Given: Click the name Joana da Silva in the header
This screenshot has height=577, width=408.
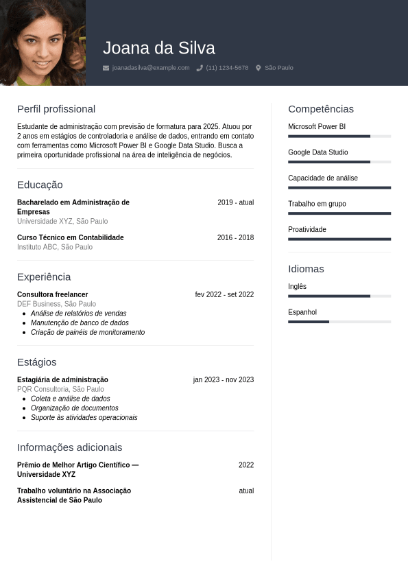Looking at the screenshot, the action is (x=159, y=48).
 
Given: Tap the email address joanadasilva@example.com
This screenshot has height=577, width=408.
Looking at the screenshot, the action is (x=150, y=68).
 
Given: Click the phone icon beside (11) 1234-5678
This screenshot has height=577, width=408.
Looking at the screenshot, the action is (x=200, y=68).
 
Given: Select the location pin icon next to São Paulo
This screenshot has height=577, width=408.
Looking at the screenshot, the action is (x=259, y=68).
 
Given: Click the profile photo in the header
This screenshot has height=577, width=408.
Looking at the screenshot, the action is (x=43, y=43).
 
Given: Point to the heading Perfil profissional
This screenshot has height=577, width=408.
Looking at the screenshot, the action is (x=56, y=109).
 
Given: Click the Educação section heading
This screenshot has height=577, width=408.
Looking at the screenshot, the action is (x=40, y=185).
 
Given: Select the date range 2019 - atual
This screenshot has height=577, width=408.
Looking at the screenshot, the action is (x=235, y=202).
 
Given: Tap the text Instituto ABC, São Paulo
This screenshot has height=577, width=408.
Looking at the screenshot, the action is (x=55, y=247).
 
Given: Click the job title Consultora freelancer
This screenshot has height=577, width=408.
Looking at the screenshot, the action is (x=52, y=294).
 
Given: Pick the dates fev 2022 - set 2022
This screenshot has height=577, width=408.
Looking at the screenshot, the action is (x=224, y=294).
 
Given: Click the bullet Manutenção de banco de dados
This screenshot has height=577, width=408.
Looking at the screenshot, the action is (x=80, y=322).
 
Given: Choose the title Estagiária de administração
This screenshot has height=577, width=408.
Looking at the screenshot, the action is (x=62, y=379).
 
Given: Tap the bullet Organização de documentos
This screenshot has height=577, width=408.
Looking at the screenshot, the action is (x=75, y=408).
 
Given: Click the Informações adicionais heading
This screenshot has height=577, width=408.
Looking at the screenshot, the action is (x=69, y=447).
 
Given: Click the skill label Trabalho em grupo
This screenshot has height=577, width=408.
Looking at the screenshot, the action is (x=317, y=204).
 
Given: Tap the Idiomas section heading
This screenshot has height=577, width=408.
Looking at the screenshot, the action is (x=306, y=269).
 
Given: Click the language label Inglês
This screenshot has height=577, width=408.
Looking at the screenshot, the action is (x=297, y=286).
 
